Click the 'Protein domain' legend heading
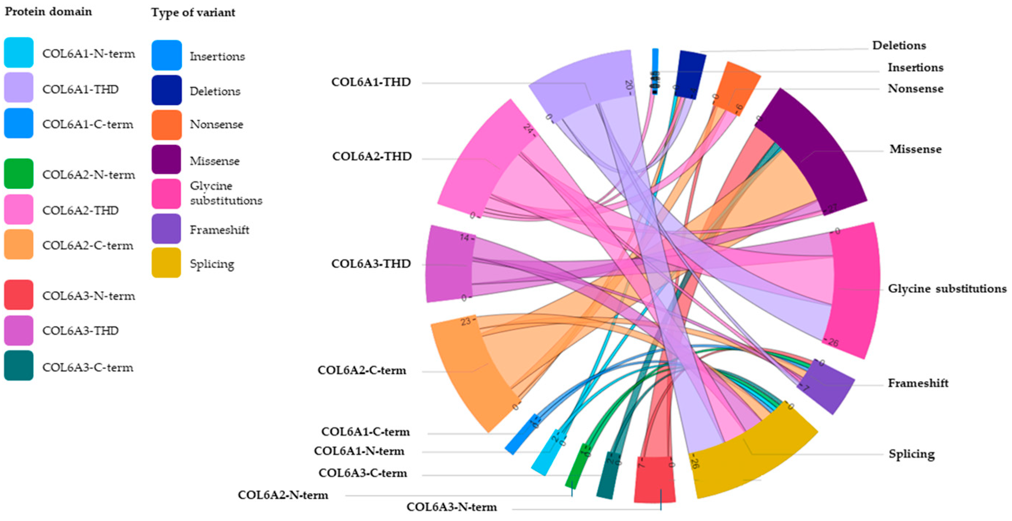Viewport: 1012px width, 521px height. (x=48, y=11)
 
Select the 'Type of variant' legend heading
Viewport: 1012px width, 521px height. (x=193, y=12)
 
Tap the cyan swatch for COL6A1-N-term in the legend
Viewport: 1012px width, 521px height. (x=19, y=53)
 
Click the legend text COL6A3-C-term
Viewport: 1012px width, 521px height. (x=88, y=368)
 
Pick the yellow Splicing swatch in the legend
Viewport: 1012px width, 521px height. (x=166, y=263)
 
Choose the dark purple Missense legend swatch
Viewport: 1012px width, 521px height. (x=166, y=160)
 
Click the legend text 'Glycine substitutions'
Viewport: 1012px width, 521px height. (x=225, y=193)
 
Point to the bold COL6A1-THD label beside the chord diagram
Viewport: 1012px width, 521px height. (x=371, y=82)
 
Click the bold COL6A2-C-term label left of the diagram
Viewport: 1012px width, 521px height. (x=361, y=370)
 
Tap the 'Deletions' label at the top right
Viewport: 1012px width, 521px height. (x=899, y=46)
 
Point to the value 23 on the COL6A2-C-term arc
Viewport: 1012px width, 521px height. (x=465, y=322)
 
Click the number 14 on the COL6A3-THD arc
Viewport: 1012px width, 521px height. (x=465, y=238)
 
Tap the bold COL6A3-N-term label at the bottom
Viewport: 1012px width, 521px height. (x=452, y=507)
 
